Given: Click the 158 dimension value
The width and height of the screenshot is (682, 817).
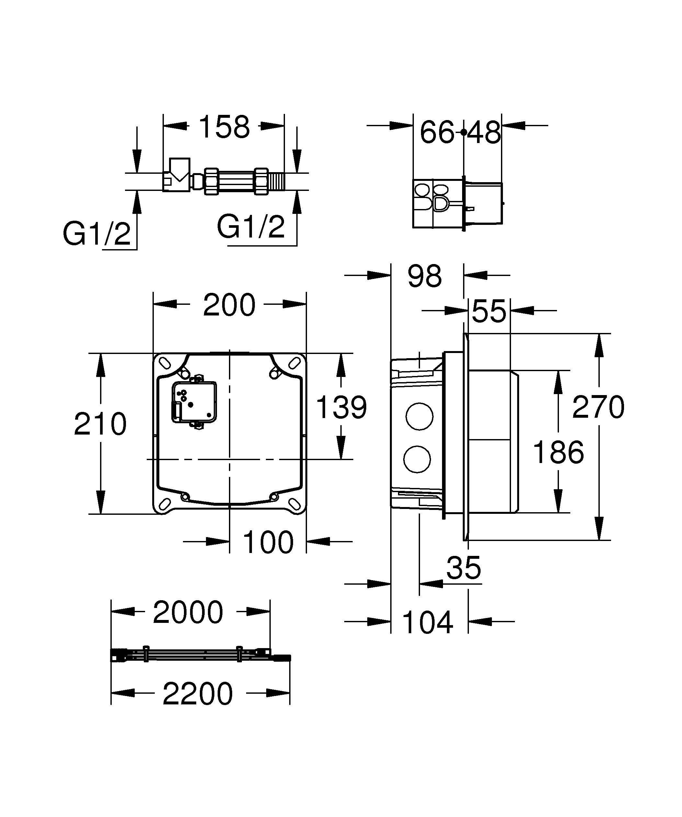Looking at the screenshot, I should pos(224,127).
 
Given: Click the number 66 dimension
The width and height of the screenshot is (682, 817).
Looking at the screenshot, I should pos(437,132).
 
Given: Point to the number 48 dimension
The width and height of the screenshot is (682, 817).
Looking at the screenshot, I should pos(484,132).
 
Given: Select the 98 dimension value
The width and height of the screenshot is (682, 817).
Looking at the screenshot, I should pos(424,276).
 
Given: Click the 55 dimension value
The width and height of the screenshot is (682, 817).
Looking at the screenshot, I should pos(489,311).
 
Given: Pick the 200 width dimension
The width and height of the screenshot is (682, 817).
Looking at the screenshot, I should pos(229,305).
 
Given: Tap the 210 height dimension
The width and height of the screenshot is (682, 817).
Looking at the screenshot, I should pos(100,424).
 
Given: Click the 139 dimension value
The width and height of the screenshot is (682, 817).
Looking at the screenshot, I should pos(341,408).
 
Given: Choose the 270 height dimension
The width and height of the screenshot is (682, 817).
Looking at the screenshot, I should pos(598,407).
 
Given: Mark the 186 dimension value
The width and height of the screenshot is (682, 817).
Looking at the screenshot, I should pos(558,452).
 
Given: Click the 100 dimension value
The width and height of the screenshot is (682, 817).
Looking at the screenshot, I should pos(268,542).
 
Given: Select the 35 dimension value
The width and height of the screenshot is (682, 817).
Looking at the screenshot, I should pos(464,568).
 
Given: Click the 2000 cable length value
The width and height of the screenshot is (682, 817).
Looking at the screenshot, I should pos(188,612).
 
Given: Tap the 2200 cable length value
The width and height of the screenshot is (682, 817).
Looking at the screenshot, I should pos(198,694).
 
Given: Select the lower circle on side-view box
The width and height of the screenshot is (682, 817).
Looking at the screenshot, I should pos(417,459).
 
